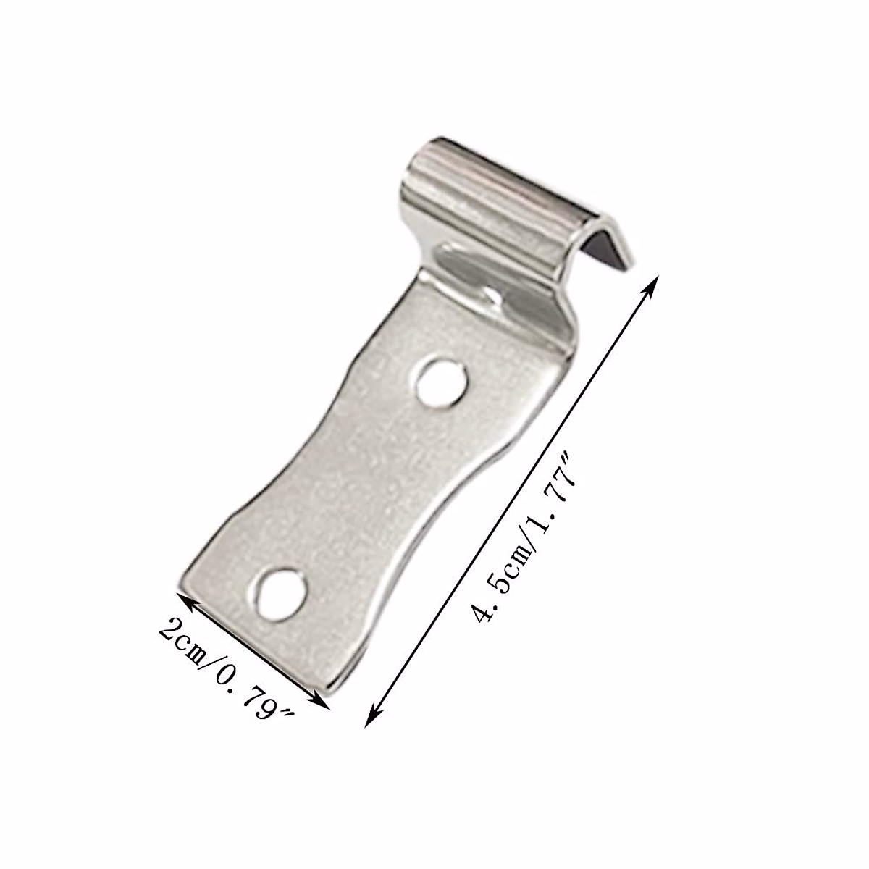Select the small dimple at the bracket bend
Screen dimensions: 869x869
coord(494,296)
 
